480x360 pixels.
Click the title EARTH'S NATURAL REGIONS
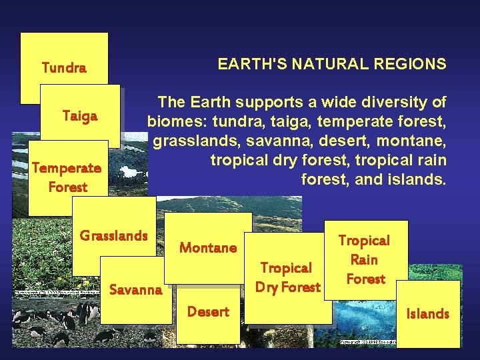tap(332, 64)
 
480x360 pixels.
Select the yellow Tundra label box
tap(64, 67)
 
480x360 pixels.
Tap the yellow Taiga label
tap(80, 116)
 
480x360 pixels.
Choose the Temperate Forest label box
tap(67, 177)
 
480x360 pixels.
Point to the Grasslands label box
tap(113, 235)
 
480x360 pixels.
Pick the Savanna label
tap(135, 289)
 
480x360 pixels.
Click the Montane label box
tap(208, 247)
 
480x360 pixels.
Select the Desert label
tap(208, 311)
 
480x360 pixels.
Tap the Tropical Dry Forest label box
tap(286, 277)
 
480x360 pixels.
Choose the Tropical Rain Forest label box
tap(365, 259)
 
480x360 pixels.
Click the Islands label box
tap(427, 313)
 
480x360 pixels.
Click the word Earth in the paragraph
tap(208, 103)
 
